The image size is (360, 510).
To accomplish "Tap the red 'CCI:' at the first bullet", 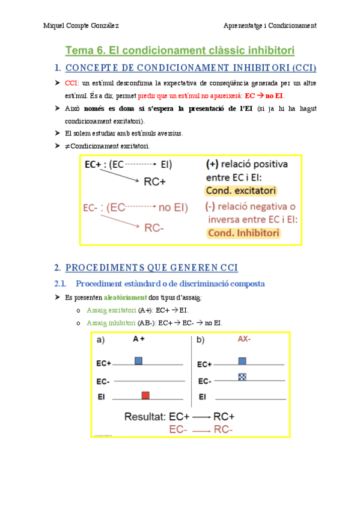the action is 72,82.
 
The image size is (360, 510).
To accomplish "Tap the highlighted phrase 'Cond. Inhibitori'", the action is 243,233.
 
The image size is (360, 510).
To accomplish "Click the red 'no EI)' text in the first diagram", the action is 173,208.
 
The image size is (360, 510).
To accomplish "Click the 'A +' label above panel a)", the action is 139,339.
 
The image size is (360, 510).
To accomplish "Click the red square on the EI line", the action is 145,395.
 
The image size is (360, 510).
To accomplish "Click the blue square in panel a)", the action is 138,360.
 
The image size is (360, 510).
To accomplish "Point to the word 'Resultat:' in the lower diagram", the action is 144,416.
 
